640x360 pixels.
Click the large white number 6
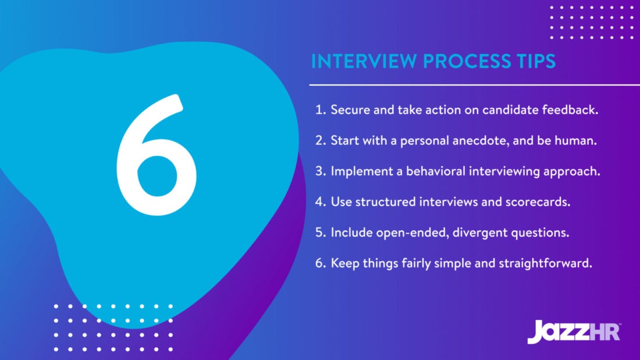[156, 156]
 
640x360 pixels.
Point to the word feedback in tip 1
[572, 110]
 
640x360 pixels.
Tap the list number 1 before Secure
[319, 110]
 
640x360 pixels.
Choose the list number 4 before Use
[320, 202]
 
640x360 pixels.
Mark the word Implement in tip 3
[358, 171]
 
